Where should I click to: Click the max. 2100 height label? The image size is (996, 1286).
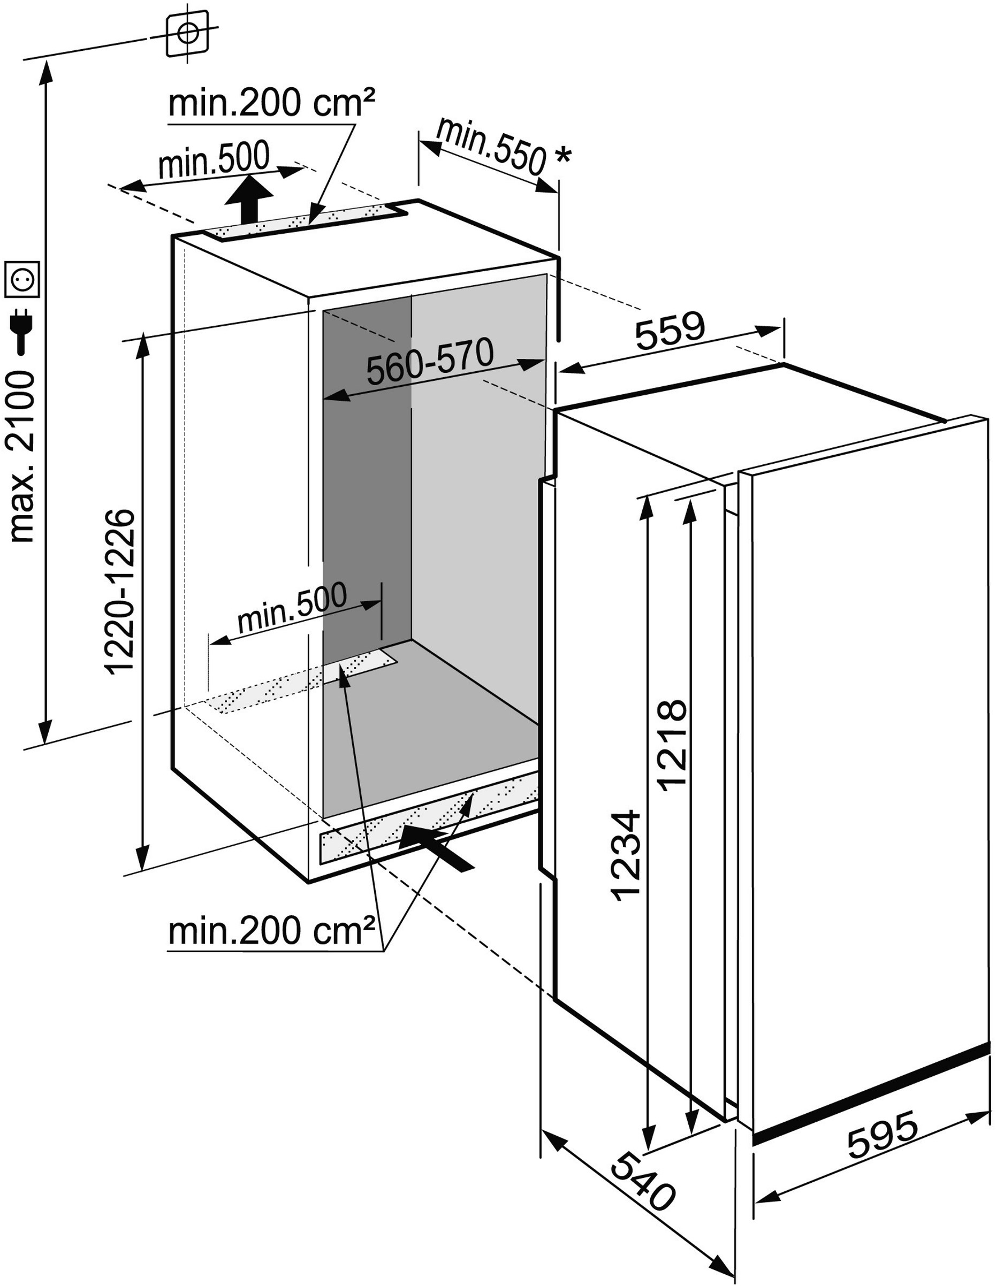pyautogui.click(x=23, y=456)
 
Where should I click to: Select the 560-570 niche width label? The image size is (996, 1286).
pyautogui.click(x=429, y=362)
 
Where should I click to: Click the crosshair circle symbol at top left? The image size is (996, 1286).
pyautogui.click(x=187, y=33)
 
